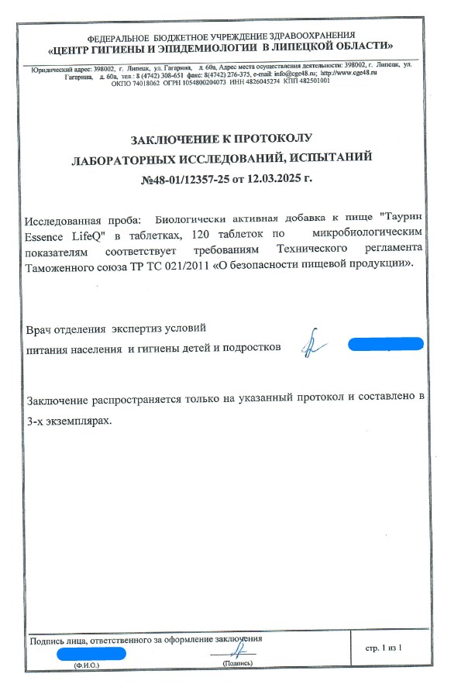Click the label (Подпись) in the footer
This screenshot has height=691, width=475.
pos(237,665)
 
